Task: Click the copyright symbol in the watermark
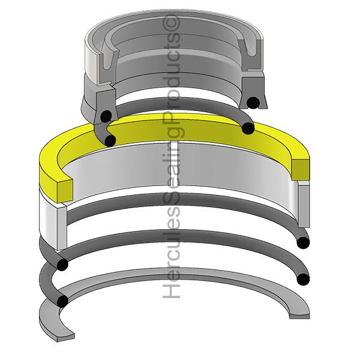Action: tap(172, 23)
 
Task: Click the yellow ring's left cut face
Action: tap(65, 191)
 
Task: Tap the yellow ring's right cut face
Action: tap(301, 169)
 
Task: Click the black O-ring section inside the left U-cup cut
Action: tap(106, 116)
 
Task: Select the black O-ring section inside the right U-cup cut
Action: tap(253, 103)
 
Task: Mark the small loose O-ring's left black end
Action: tap(110, 141)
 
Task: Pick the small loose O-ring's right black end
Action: tap(248, 128)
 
